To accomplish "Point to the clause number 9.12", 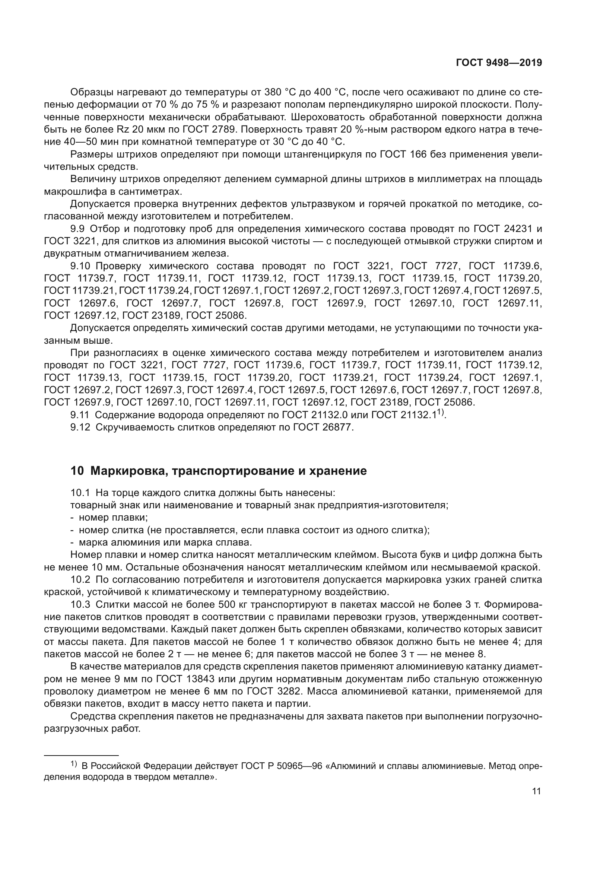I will [x=80, y=427].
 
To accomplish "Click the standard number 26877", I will [x=338, y=427].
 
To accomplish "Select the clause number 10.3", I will [x=80, y=604].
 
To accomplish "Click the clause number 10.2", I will [x=80, y=580].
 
